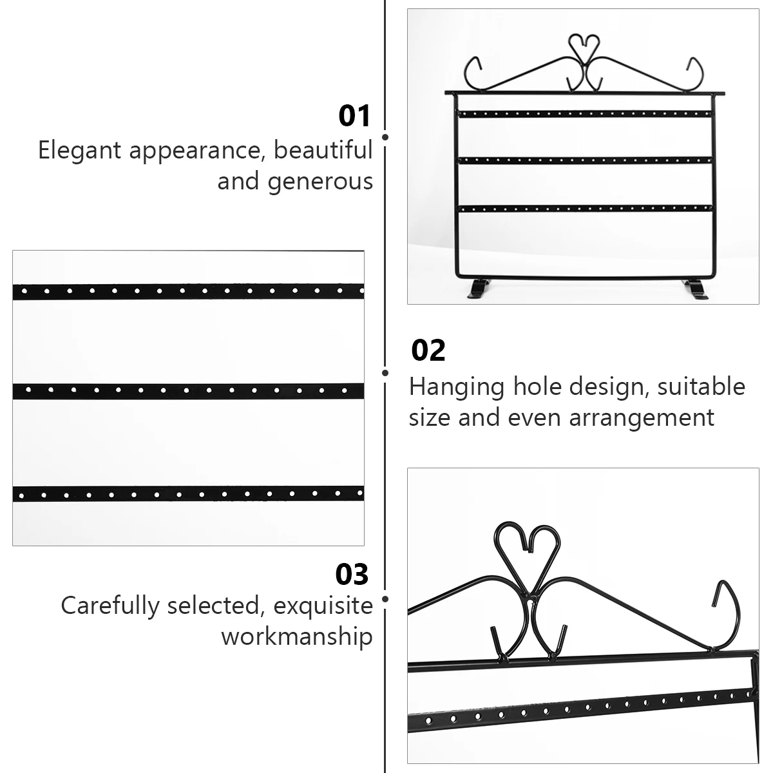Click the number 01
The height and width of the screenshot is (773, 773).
coord(355,116)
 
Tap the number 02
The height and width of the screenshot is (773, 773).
coord(428,350)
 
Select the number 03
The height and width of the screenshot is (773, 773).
coord(352,574)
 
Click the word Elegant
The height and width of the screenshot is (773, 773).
coord(79,151)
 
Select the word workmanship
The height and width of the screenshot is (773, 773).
coord(297,636)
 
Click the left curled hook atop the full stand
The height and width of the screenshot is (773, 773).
coord(473,72)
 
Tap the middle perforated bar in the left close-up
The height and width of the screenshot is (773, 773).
coord(188,390)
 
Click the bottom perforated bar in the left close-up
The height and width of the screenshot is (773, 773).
coord(188,494)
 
